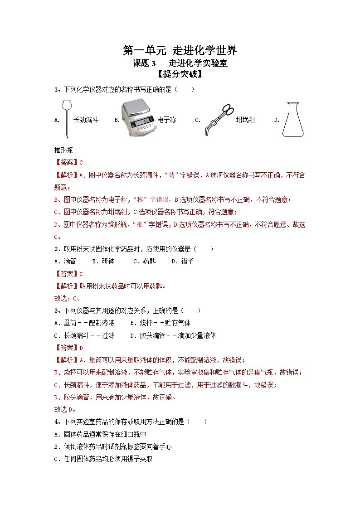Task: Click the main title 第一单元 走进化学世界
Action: (180, 50)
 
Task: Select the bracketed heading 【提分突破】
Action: (180, 75)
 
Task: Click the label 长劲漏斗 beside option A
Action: (86, 120)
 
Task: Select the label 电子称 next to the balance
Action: (166, 120)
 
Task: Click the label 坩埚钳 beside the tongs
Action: (245, 120)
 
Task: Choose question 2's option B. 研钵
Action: (103, 262)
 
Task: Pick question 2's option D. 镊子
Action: (183, 262)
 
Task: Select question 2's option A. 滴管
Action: (65, 262)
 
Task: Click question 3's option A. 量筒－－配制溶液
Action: (84, 323)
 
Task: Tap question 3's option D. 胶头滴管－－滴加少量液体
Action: (173, 335)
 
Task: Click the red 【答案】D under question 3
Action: (68, 348)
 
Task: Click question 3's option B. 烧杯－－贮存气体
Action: (161, 323)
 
